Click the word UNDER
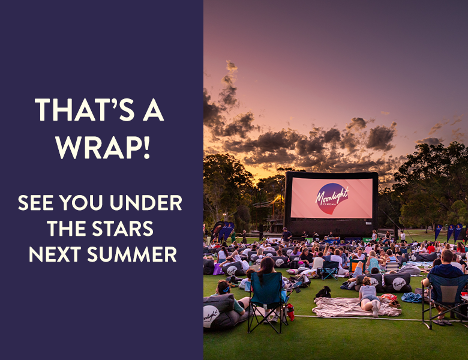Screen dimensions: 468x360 click(x=146, y=203)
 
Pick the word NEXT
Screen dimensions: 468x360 click(x=55, y=254)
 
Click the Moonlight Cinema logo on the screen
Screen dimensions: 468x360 click(x=332, y=199)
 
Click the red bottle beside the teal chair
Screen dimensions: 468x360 click(x=290, y=312)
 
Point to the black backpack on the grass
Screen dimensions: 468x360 click(x=324, y=292)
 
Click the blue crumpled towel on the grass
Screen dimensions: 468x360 click(x=411, y=298)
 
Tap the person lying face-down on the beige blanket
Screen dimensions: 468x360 click(x=369, y=297)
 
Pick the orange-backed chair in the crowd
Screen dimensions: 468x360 click(x=357, y=267)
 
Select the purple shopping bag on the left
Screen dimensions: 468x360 click(x=218, y=269)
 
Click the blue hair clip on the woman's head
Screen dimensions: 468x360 click(x=226, y=289)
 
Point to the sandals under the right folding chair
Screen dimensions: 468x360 click(x=440, y=322)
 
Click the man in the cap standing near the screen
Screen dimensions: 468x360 click(x=286, y=236)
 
